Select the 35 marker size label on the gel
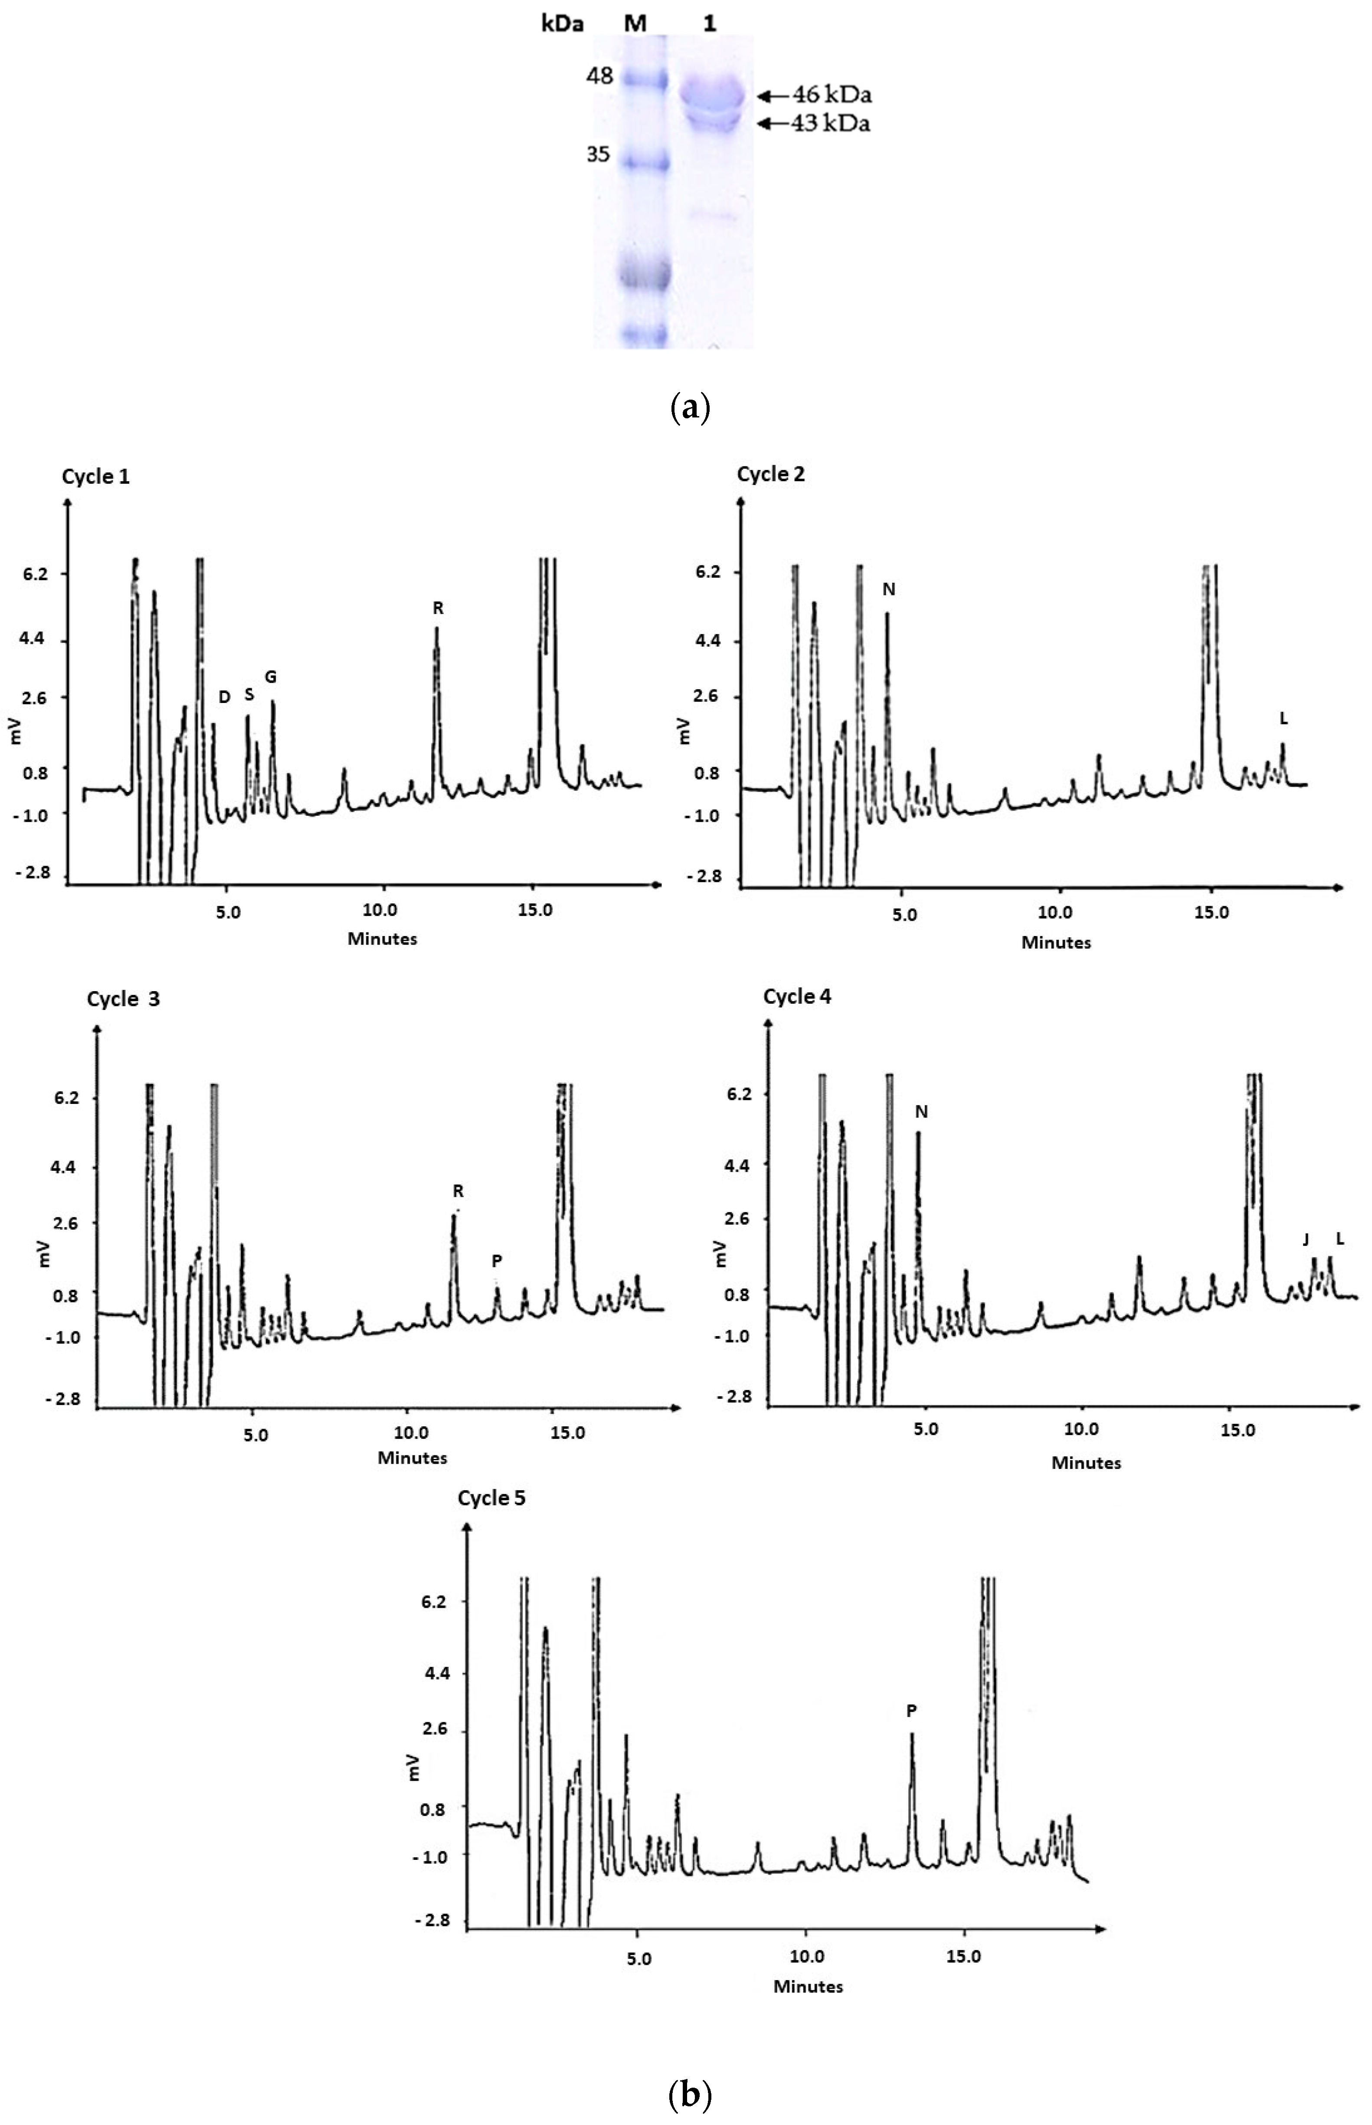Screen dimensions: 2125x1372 point(598,154)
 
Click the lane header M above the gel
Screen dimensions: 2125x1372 point(635,24)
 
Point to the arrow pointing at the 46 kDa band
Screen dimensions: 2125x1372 point(773,95)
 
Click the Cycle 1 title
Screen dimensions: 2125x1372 point(95,476)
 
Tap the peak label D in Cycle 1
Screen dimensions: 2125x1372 point(225,697)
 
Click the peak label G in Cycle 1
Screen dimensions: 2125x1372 point(271,677)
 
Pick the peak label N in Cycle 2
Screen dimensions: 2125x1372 point(888,589)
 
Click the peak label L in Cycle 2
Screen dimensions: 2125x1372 point(1283,718)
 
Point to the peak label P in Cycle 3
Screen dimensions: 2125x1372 point(497,1261)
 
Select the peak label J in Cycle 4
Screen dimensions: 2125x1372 point(1306,1239)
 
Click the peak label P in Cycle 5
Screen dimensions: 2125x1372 point(911,1711)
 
